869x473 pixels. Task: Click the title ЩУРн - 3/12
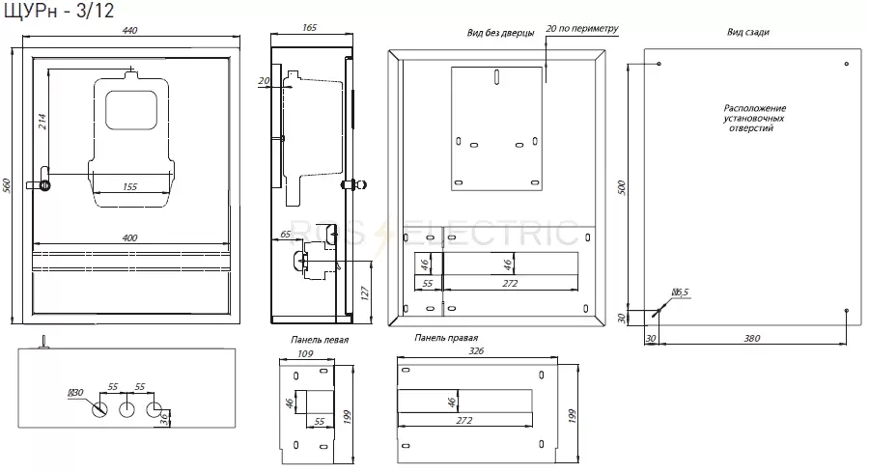point(58,10)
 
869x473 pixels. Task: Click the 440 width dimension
point(129,31)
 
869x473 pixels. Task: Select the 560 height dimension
point(7,185)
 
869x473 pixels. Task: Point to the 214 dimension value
point(42,122)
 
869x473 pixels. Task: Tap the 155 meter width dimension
point(129,187)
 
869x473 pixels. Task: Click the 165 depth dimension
point(309,28)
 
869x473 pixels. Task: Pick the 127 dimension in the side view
point(364,293)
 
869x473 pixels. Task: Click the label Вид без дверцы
point(500,33)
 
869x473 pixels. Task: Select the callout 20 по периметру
point(582,28)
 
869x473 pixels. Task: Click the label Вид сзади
point(748,32)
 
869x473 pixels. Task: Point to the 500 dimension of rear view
point(621,188)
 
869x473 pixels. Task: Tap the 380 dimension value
point(751,339)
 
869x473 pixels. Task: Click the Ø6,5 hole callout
point(680,292)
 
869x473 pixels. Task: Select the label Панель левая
point(320,340)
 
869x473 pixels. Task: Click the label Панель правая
point(445,337)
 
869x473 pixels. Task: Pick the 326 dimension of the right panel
point(476,350)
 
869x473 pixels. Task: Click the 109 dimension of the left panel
point(305,353)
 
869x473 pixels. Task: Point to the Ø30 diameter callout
point(75,393)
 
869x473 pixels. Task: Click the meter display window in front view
point(131,110)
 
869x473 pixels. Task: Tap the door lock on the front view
point(42,185)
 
